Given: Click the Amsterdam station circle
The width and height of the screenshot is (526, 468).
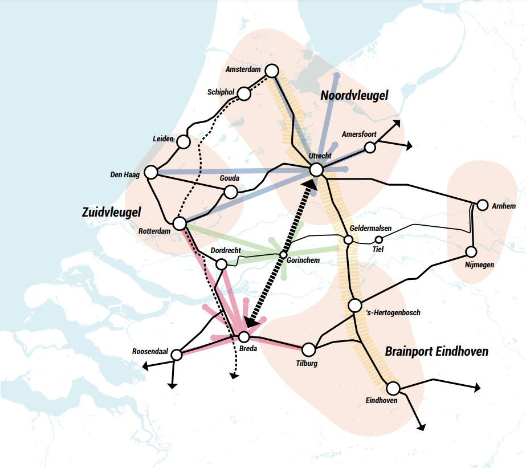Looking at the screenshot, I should click(x=272, y=71).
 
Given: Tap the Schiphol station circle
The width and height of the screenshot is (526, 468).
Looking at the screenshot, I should click(x=244, y=93).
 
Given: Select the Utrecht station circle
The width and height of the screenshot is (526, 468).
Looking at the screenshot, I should click(x=317, y=170).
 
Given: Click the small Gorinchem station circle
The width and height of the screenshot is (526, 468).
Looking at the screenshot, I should click(x=283, y=254).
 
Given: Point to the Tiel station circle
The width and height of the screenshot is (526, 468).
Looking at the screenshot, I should click(x=378, y=239).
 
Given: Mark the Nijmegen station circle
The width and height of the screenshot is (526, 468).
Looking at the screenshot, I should click(x=471, y=251).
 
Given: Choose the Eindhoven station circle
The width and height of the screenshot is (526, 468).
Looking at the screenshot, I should click(x=393, y=389).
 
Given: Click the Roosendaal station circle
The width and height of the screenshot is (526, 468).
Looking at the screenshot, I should click(x=177, y=355).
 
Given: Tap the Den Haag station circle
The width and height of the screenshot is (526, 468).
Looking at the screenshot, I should click(x=151, y=172).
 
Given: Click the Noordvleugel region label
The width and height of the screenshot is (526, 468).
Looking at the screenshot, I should click(x=354, y=96).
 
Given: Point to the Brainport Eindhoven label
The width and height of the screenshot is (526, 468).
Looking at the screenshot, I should click(x=437, y=352).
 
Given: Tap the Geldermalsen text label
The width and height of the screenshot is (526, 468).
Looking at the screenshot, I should click(x=371, y=228).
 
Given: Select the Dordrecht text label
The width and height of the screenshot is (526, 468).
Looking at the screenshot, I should click(x=226, y=250).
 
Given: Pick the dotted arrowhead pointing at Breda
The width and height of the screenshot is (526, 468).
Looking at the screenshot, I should click(x=250, y=322).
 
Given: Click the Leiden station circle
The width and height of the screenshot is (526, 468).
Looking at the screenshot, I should click(x=184, y=141).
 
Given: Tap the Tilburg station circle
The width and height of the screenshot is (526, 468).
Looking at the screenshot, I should click(x=309, y=349).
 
